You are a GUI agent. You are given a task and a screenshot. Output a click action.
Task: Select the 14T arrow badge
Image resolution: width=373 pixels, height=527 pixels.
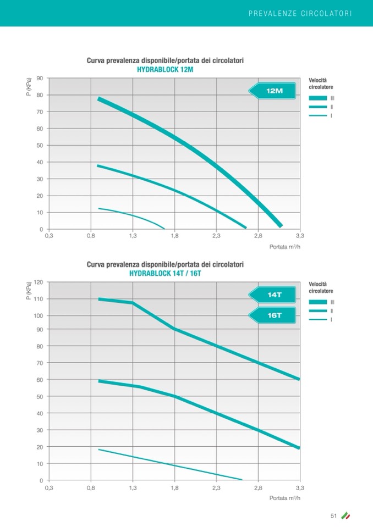273,295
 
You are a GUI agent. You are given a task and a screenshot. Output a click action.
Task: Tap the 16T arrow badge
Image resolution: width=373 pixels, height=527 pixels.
273,315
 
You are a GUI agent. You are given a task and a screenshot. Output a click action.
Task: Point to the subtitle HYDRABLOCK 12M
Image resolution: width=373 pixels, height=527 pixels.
165,70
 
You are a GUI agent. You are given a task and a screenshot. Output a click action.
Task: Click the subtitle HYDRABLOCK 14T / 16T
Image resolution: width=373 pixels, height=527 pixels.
165,273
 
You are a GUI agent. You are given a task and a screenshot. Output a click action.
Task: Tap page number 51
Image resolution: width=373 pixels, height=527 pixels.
333,515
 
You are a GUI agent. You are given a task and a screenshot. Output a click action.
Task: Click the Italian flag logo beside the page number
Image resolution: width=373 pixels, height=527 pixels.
345,515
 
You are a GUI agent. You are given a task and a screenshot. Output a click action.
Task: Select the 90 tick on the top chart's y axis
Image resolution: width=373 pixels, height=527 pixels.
40,79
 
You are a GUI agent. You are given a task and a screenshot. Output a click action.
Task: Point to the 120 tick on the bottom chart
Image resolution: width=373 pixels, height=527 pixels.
39,282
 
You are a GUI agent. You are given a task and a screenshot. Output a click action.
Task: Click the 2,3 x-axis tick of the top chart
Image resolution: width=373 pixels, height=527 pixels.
216,236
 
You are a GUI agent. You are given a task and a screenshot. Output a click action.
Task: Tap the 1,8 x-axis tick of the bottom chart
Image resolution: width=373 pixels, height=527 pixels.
174,487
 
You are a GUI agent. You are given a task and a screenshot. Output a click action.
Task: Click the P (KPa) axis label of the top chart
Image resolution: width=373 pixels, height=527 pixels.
29,88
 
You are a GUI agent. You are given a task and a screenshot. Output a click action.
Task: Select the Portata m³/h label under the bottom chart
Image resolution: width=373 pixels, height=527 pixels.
285,498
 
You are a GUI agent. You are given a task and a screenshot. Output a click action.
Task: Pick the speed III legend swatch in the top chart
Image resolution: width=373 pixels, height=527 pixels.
318,98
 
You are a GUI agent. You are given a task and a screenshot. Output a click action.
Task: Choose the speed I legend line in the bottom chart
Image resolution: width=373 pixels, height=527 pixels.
318,320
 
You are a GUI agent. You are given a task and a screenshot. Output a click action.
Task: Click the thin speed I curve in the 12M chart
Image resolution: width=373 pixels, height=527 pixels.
132,215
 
